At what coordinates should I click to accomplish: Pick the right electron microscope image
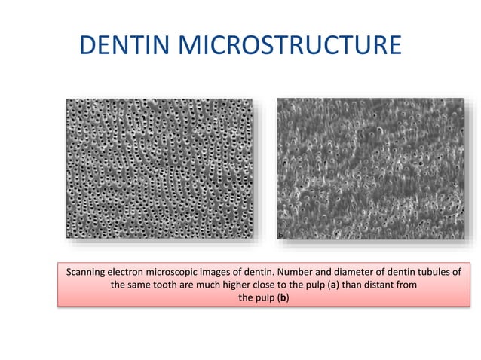371,168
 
